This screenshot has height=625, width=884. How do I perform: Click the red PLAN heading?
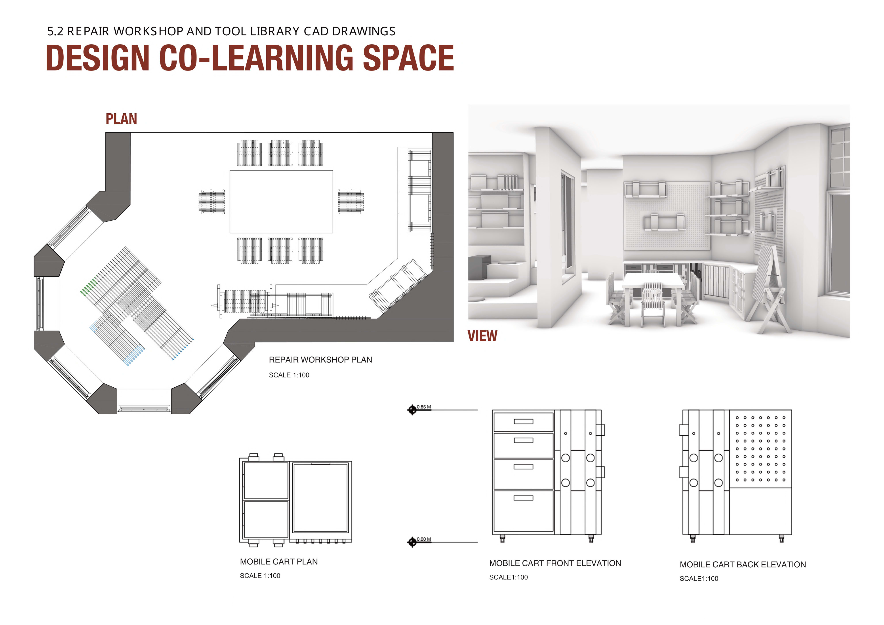tap(121, 119)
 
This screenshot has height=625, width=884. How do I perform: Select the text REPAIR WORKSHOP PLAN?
tap(320, 360)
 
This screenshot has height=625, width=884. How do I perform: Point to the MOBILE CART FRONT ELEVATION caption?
tap(555, 563)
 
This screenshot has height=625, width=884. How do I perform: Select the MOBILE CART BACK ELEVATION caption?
tap(743, 564)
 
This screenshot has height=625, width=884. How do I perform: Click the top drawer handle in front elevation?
tap(524, 421)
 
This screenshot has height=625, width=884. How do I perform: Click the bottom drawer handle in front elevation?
tap(524, 498)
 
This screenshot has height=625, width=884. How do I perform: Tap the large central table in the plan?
tap(281, 202)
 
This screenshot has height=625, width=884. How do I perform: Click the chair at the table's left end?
tap(212, 202)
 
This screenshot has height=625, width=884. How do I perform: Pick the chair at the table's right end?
tap(350, 202)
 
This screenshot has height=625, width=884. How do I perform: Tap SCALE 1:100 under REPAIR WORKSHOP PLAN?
tap(289, 375)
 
